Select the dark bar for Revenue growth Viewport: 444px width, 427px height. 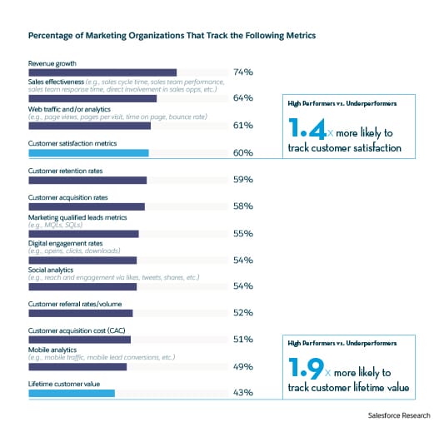pyautogui.click(x=102, y=72)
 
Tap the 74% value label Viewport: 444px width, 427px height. pyautogui.click(x=243, y=73)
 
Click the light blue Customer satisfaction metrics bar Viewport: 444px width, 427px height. pyautogui.click(x=88, y=153)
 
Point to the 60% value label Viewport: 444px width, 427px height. pyautogui.click(x=243, y=153)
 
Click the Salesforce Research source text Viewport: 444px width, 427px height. pyautogui.click(x=402, y=414)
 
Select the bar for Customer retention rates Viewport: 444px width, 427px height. pyautogui.click(x=87, y=180)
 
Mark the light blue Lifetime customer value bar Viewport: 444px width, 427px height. pyautogui.click(x=72, y=392)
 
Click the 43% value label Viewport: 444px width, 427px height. pyautogui.click(x=243, y=393)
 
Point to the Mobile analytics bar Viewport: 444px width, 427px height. pyautogui.click(x=77, y=366)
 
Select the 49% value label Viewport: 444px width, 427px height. pyautogui.click(x=243, y=366)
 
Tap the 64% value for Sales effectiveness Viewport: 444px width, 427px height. pyautogui.click(x=243, y=99)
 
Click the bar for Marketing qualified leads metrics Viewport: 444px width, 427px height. pyautogui.click(x=83, y=234)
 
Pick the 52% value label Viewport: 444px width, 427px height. pyautogui.click(x=243, y=314)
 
